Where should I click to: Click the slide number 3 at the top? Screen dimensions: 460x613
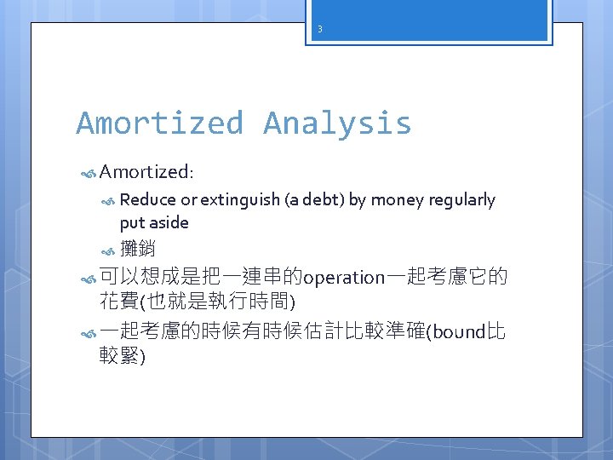coord(319,29)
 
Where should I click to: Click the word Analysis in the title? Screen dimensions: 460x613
coord(337,124)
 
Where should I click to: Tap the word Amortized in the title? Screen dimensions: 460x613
coord(159,124)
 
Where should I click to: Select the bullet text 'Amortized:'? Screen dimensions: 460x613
coord(146,172)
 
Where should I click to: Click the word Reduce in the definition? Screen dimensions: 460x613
coord(145,200)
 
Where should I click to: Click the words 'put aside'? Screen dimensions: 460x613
coord(154,222)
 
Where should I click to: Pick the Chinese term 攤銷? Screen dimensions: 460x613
coord(138,250)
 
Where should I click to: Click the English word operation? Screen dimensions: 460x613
coord(344,278)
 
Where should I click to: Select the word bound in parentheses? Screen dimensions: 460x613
coord(460,332)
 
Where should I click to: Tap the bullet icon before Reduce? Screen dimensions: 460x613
coord(108,201)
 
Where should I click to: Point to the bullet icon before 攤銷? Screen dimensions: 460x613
coord(108,250)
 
